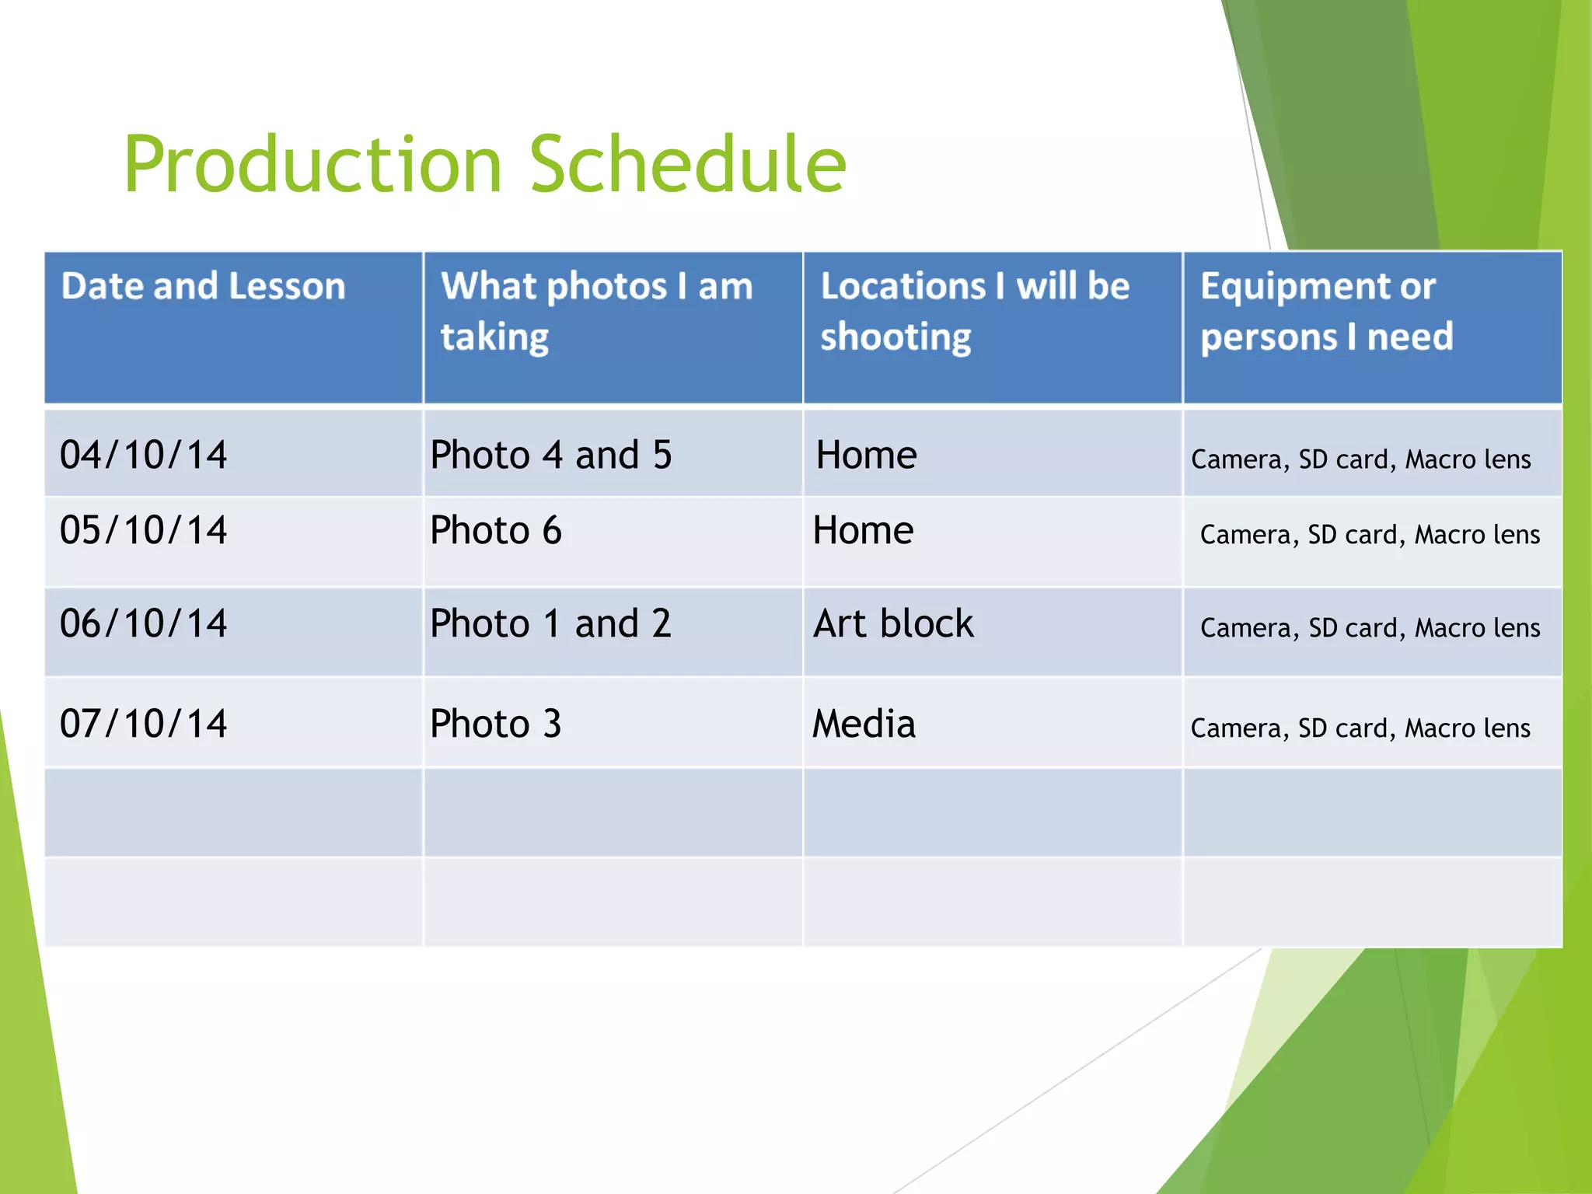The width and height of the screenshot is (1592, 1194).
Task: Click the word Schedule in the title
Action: tap(687, 165)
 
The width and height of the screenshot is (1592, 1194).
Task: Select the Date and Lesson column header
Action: tap(204, 286)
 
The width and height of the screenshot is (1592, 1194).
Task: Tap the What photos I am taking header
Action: tap(596, 311)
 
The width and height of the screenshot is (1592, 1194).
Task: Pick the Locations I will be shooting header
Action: tap(975, 311)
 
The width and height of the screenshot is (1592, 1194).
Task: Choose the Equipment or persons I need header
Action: tap(1326, 311)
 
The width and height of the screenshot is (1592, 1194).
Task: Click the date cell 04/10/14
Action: tap(144, 455)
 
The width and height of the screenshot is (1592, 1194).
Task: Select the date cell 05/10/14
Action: tap(144, 530)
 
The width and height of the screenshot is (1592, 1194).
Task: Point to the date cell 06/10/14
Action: tap(144, 623)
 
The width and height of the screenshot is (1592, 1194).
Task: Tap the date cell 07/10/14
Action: tap(144, 724)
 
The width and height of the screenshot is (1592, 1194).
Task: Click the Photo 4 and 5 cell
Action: tap(551, 455)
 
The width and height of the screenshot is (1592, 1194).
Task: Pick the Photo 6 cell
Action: tap(496, 530)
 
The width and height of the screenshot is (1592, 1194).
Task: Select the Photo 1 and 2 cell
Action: tap(551, 623)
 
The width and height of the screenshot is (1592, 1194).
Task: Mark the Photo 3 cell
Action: tap(496, 724)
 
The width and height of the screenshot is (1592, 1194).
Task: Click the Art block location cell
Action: tap(893, 623)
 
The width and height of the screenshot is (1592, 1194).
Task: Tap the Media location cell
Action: tap(864, 724)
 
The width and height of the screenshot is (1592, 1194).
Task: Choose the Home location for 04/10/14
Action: tap(866, 455)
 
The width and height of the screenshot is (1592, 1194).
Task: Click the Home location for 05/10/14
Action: tap(863, 530)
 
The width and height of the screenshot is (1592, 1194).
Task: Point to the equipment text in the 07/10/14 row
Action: tap(1360, 728)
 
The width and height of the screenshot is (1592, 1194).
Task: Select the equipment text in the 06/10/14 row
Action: tap(1370, 628)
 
